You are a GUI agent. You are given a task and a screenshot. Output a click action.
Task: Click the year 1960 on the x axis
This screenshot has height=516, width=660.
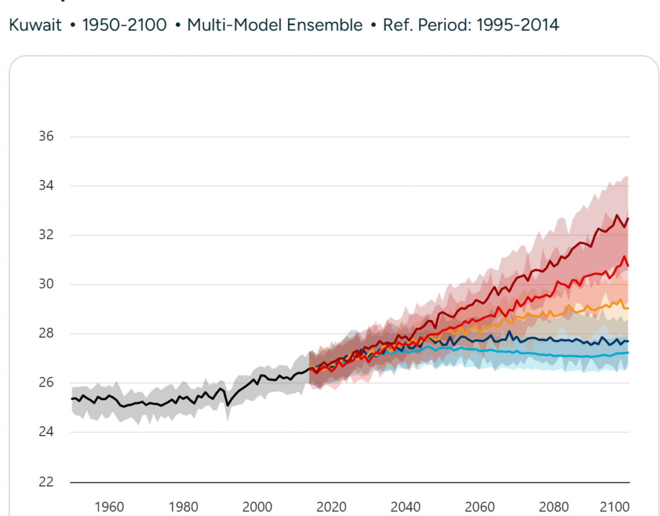point(108,506)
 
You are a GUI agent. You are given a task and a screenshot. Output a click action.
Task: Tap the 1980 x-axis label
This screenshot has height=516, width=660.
point(183,506)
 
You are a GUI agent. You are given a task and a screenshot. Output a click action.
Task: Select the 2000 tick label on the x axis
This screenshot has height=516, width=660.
point(258,506)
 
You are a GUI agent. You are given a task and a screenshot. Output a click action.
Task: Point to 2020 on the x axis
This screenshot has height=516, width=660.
point(333,506)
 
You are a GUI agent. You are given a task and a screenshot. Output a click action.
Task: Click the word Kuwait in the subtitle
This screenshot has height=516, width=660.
point(35,26)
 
